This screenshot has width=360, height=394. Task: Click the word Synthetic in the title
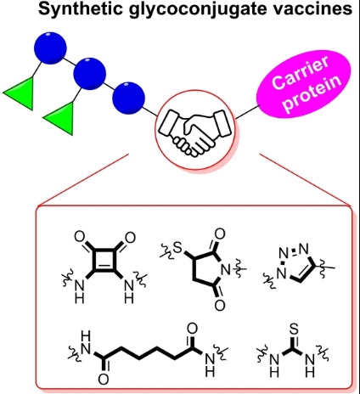pos(81,8)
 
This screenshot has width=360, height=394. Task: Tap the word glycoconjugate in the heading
pos(191,9)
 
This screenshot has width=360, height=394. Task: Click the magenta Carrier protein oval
pos(304,82)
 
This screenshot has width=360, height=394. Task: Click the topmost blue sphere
pos(50,48)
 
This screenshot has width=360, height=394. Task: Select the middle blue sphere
pos(89,74)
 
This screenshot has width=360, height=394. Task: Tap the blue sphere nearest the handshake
pos(129,98)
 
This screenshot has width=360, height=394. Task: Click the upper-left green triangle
pos(22,93)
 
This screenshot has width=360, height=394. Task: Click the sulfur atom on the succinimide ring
pos(177,248)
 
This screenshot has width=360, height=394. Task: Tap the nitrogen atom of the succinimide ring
pos(226,270)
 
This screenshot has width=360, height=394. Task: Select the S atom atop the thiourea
pos(294,329)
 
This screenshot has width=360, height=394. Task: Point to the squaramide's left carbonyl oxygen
pos(79,237)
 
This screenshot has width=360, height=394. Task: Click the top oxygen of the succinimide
pos(220,234)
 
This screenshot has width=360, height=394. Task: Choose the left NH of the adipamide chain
pos(85,343)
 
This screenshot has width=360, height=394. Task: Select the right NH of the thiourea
pos(310,366)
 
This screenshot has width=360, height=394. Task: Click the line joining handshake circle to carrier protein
pos(247,112)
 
